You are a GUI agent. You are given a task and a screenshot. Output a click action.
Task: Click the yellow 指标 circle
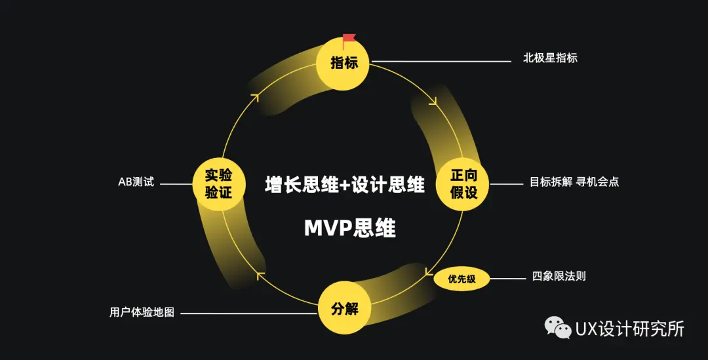coord(344,63)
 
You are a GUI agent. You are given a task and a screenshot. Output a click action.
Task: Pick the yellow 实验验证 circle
coord(219,184)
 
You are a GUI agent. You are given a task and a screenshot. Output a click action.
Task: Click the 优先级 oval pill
coord(462,279)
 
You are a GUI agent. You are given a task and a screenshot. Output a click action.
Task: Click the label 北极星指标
coord(550,58)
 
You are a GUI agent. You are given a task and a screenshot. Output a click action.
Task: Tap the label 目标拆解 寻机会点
coord(574,182)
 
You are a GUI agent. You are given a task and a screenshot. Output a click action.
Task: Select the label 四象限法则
coord(559,276)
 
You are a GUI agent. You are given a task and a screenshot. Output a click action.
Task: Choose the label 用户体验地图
coord(142,312)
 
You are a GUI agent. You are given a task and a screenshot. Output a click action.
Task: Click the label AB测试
coord(136,182)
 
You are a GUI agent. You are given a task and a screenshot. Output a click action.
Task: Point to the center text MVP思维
coord(350,228)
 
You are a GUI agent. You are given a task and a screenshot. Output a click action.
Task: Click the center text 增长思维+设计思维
coord(345,184)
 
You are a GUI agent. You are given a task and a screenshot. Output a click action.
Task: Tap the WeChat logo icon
coord(559,328)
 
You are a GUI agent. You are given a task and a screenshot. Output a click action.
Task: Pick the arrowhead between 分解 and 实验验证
coord(260,274)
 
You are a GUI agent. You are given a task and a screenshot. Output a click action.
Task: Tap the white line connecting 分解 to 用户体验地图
coord(249,313)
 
